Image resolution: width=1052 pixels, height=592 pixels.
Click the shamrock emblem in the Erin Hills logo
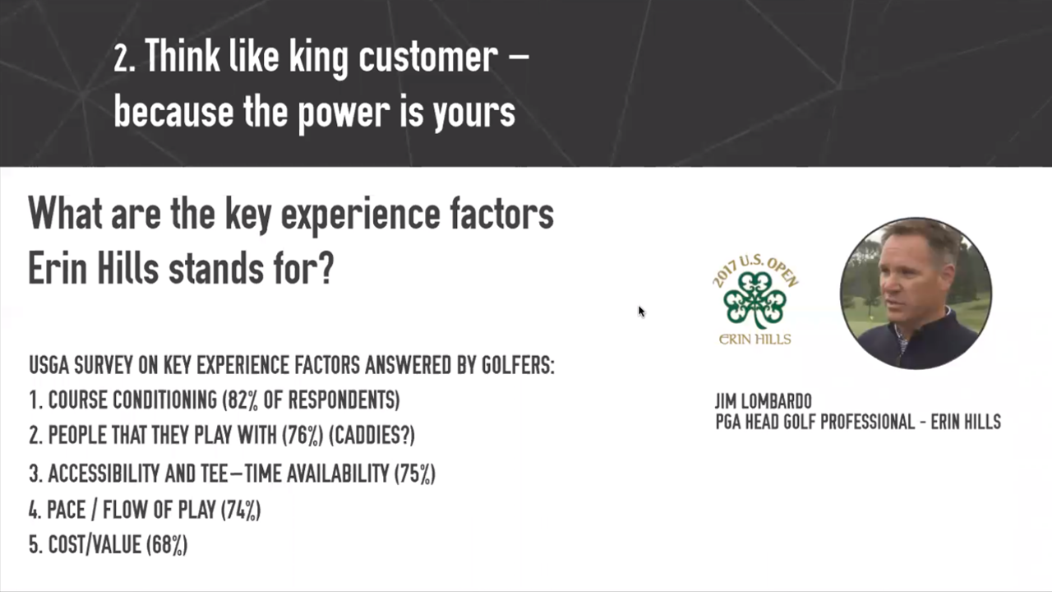pos(755,301)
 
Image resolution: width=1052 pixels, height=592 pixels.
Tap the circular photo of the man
pos(916,294)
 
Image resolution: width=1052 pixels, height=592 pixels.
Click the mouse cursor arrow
pos(642,312)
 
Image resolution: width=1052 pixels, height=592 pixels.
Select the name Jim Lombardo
pos(764,401)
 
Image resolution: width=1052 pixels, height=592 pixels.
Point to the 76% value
pos(302,435)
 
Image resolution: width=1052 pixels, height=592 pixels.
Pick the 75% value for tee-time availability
pos(415,473)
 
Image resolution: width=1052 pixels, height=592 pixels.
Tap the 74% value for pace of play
pos(241,510)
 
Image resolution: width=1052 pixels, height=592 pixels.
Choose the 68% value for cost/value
pos(167,545)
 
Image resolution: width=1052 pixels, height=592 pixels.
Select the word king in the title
pos(318,58)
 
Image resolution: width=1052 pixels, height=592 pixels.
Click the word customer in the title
pos(428,58)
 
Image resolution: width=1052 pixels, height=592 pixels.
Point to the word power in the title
pos(344,113)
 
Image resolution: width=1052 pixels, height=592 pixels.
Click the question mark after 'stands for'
pos(325,268)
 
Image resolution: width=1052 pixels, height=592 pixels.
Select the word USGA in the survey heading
pos(48,365)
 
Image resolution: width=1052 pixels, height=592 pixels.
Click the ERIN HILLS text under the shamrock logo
pos(754,339)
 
